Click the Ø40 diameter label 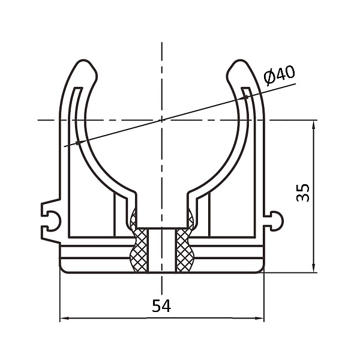coord(279,75)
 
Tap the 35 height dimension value coord(303,193)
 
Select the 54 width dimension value coord(161,306)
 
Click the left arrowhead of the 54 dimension coord(64,318)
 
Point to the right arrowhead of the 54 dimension coord(259,318)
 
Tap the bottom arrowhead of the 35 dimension coord(314,268)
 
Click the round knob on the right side coord(277,221)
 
